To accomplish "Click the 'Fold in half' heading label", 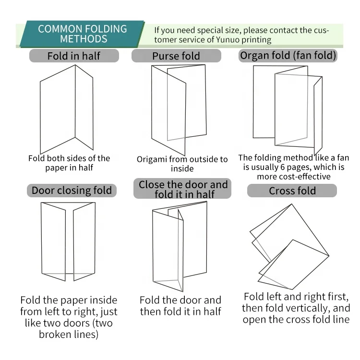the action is point(74,56).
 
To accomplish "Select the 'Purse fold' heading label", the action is point(176,56).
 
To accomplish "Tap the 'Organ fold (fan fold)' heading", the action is point(288,56).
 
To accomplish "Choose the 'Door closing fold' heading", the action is point(72,191).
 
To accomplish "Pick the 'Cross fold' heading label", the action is point(292,191).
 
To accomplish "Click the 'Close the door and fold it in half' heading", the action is point(183,189).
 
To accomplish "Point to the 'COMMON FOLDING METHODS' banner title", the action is point(83,34).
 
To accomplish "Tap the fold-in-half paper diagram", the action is point(67,109).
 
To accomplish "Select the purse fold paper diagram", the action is point(179,110).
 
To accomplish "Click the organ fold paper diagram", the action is point(288,110).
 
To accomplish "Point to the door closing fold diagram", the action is point(68,241).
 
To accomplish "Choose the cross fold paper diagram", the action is point(289,247).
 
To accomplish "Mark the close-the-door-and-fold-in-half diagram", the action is point(180,246).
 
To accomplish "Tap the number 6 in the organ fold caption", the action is point(282,167).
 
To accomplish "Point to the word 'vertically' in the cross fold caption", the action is point(307,308).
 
